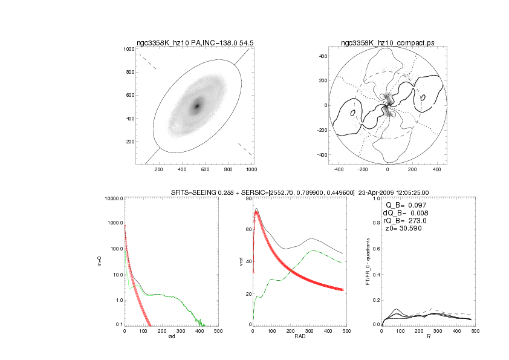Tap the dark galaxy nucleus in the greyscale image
pyautogui.click(x=196, y=106)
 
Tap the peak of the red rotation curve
pyautogui.click(x=256, y=212)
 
